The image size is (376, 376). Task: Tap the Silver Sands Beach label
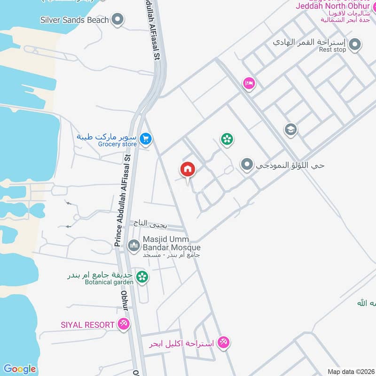tap(75, 20)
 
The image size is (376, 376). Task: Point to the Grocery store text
tap(117, 144)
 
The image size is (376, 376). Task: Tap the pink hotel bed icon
tap(249, 83)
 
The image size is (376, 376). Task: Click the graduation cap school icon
tap(290, 129)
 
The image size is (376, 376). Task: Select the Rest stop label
tap(332, 49)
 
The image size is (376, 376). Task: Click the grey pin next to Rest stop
tap(356, 45)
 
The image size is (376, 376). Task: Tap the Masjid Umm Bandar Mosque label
tap(171, 243)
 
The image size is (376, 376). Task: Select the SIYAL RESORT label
tap(87, 325)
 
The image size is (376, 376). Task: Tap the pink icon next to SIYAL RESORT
tap(124, 324)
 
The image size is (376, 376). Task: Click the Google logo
tap(19, 368)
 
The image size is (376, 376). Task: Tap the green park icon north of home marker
tap(227, 139)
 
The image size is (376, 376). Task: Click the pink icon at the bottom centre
tap(224, 344)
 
